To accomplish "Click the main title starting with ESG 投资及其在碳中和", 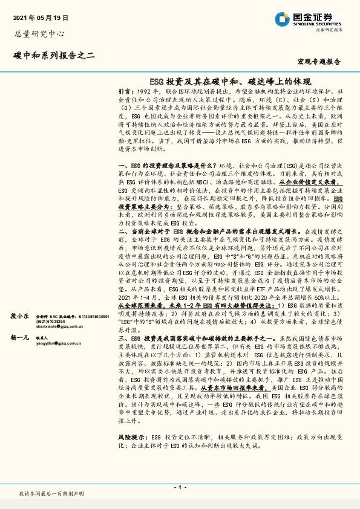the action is coord(229,80).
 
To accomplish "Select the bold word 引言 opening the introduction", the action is coord(125,90).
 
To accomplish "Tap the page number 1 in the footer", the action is coord(179,487).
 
